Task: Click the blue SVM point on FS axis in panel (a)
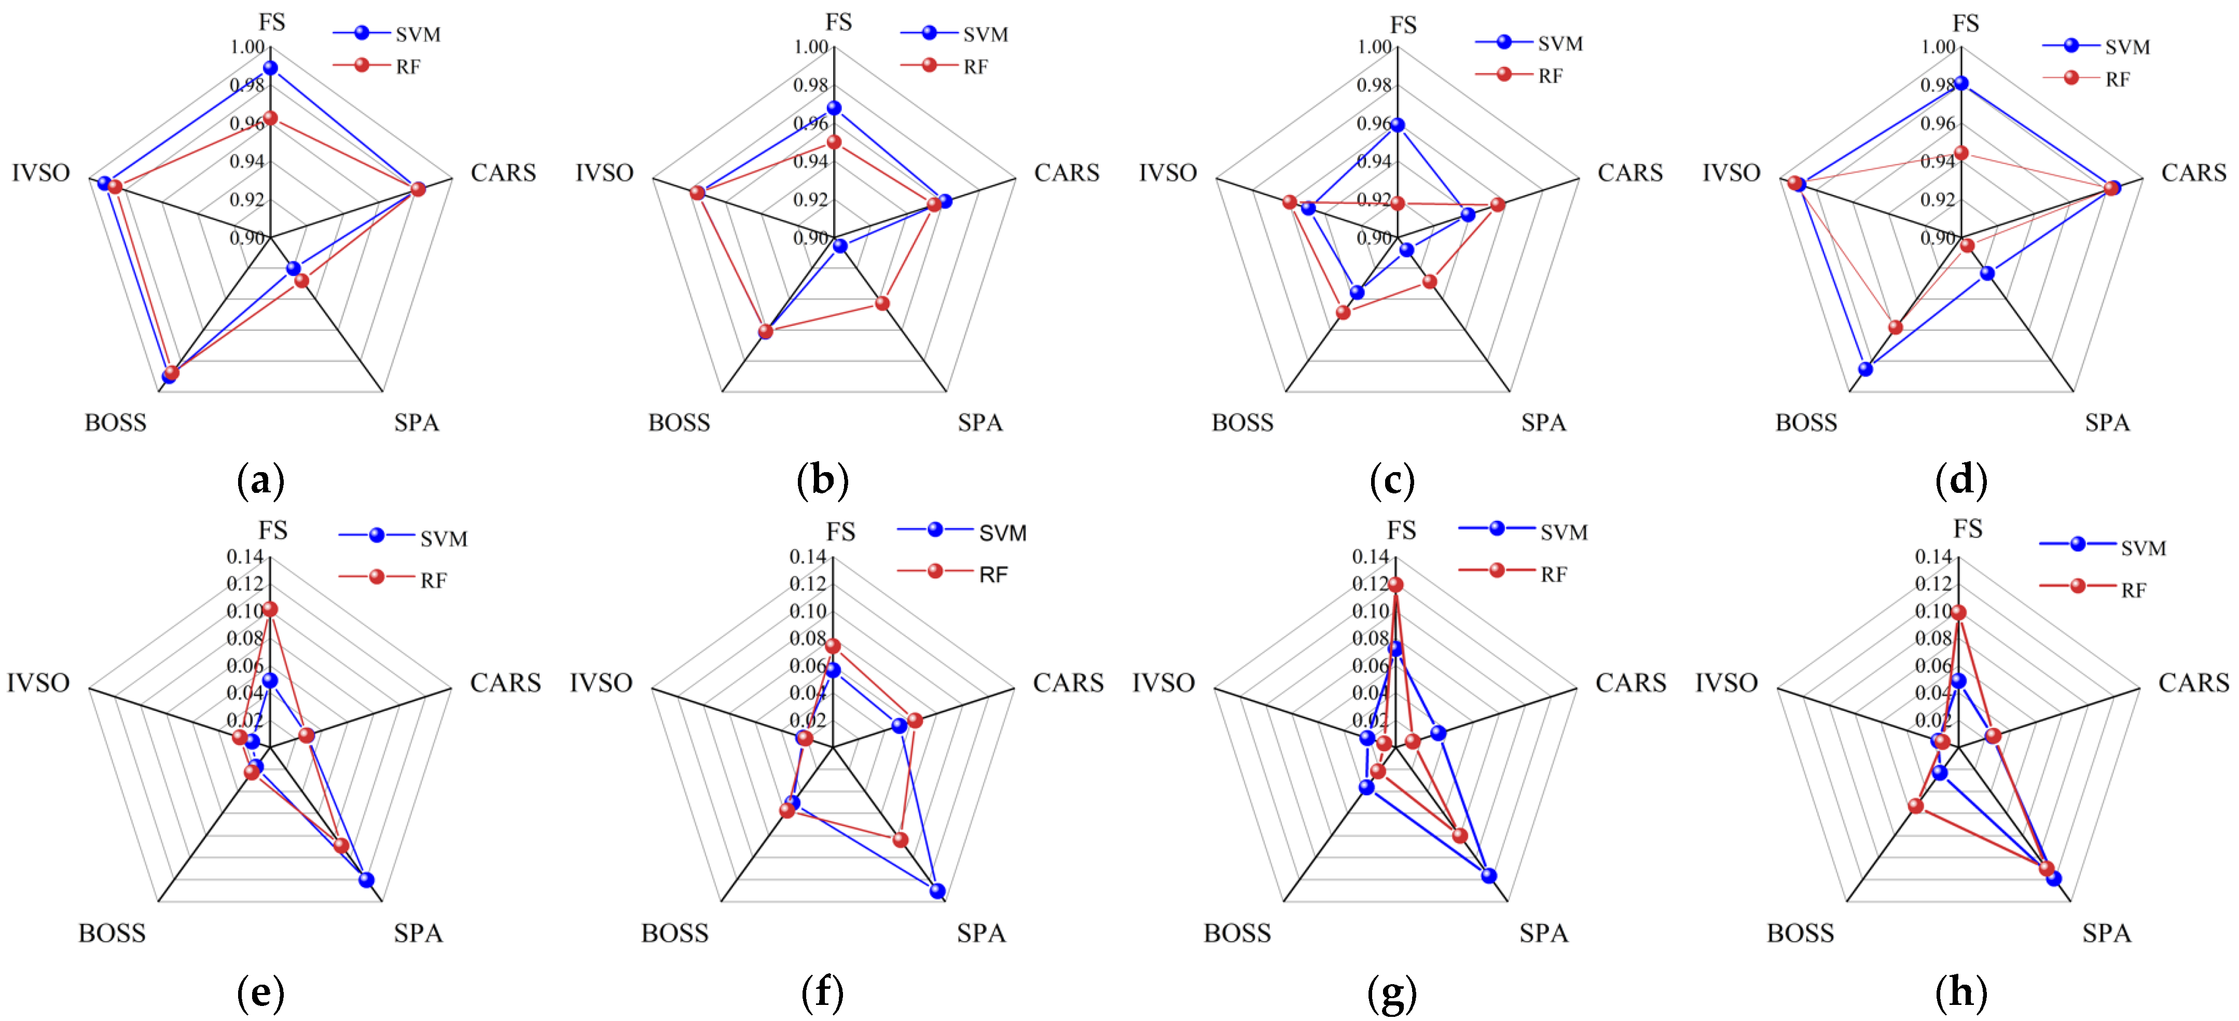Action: tap(270, 68)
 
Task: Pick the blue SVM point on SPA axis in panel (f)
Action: tap(937, 891)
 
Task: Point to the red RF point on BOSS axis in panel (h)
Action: tap(1916, 806)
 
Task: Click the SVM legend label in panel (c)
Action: tap(1560, 44)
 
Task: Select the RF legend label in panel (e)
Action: tap(433, 581)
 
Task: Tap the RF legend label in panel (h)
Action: tap(2133, 591)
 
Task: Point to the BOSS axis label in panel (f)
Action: tap(674, 933)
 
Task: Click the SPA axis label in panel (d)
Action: tap(2107, 423)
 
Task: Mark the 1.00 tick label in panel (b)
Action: tap(810, 47)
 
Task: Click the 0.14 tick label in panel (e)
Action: tap(244, 556)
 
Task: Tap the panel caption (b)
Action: tap(822, 480)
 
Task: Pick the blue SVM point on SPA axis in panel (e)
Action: tap(366, 879)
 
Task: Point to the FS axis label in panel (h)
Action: tap(1968, 529)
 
